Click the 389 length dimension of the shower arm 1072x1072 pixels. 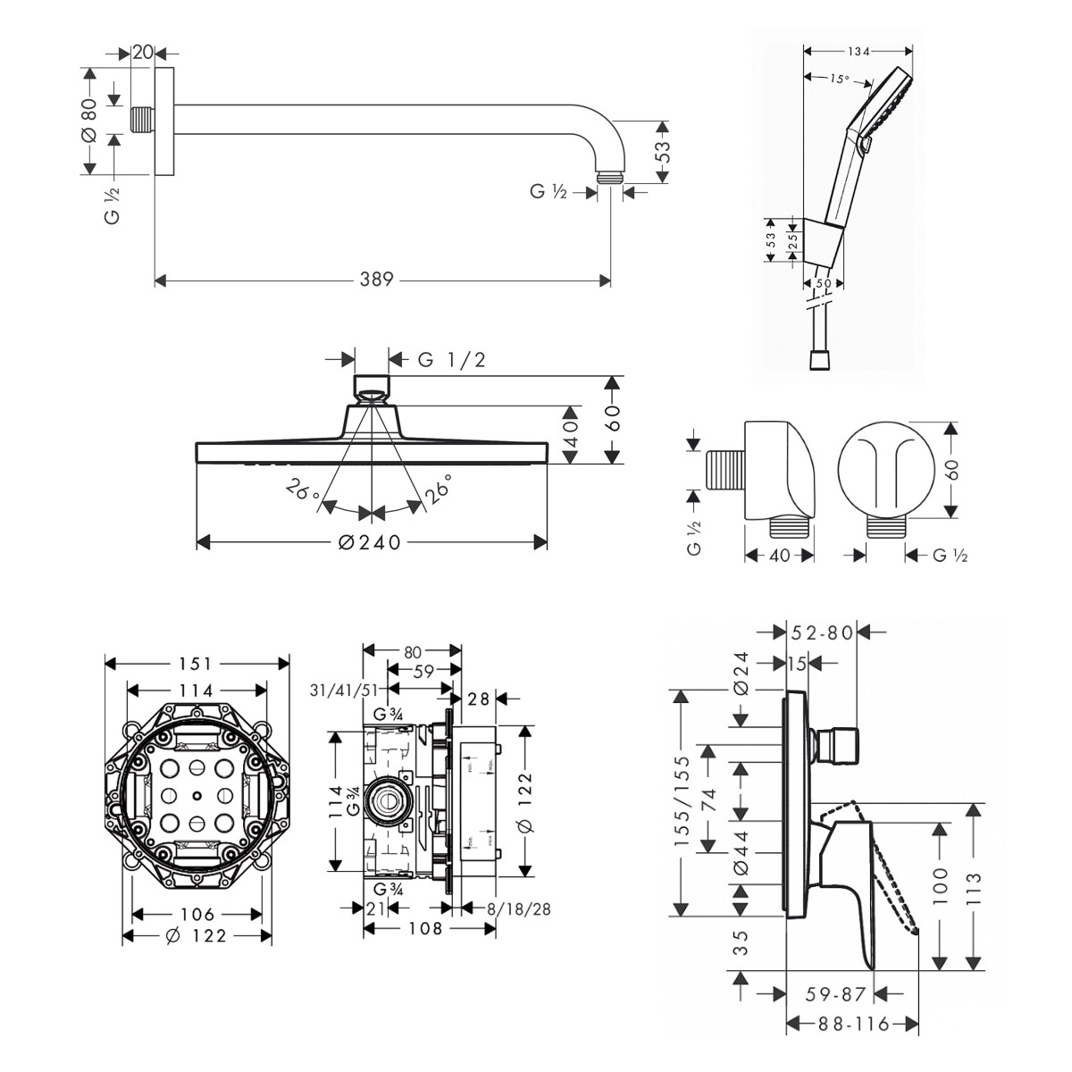pyautogui.click(x=377, y=280)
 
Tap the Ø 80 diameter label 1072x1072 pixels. pyautogui.click(x=88, y=121)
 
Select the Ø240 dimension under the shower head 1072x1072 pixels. pyautogui.click(x=372, y=542)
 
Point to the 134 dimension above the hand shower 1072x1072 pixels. pyautogui.click(x=859, y=52)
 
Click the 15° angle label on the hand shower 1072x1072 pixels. pyautogui.click(x=837, y=79)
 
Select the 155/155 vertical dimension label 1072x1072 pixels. pyautogui.click(x=683, y=802)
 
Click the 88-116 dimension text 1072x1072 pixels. pyautogui.click(x=852, y=1024)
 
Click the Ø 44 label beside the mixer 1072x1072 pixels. pyautogui.click(x=740, y=856)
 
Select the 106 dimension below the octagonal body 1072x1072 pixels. pyautogui.click(x=197, y=914)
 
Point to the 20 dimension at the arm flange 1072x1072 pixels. pyautogui.click(x=142, y=53)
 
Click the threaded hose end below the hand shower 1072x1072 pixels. pyautogui.click(x=818, y=359)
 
